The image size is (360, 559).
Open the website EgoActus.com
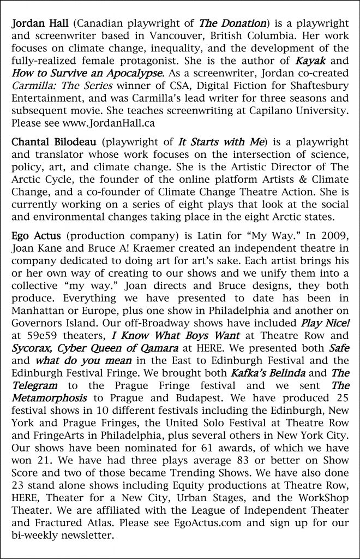[206, 527]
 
